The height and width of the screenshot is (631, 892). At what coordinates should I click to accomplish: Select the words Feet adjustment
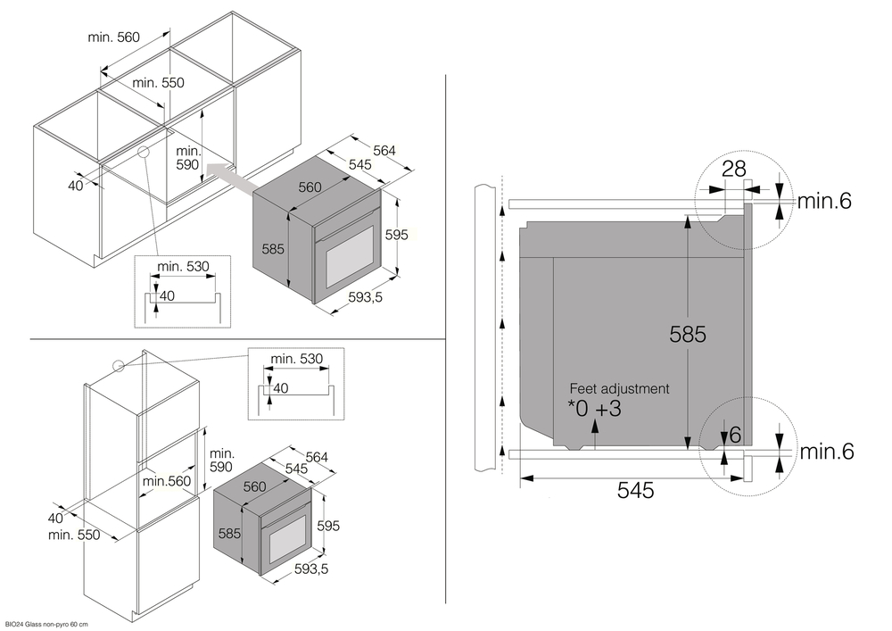point(619,389)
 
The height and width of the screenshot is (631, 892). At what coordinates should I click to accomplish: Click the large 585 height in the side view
point(687,334)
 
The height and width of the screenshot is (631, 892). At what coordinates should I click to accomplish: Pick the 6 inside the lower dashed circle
point(735,435)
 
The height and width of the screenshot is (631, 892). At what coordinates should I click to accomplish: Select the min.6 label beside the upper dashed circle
point(824,201)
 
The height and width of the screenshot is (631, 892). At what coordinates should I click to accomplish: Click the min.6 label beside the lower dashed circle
point(826,452)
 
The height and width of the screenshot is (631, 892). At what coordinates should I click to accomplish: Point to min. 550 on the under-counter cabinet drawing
point(158,83)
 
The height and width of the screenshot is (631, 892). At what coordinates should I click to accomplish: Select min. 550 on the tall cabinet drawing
point(74,535)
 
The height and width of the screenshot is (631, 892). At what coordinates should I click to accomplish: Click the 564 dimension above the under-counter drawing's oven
point(384,150)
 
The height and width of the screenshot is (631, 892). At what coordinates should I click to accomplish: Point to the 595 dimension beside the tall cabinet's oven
point(328,527)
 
